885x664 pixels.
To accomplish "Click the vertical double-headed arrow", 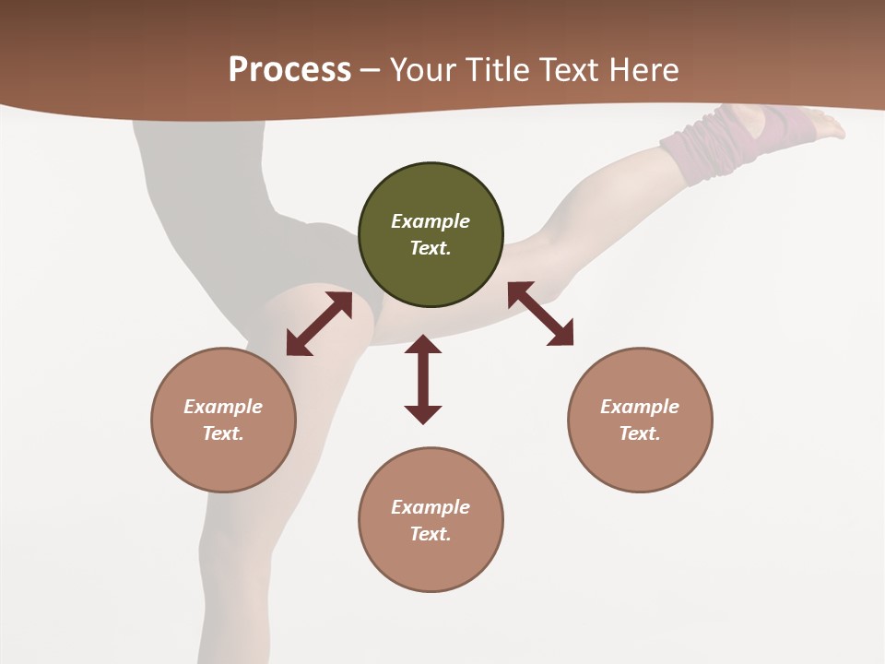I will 423,379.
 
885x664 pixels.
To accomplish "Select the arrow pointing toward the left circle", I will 319,324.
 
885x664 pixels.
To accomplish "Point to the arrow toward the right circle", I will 541,314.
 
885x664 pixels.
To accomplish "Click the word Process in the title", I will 289,69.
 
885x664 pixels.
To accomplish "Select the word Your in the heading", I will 420,69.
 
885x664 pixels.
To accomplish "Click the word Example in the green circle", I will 431,221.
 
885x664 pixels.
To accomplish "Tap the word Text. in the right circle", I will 640,433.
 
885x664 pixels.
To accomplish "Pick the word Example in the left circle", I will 223,407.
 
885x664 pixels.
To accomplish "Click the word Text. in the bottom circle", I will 431,534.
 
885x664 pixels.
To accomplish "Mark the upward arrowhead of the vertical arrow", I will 423,345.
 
